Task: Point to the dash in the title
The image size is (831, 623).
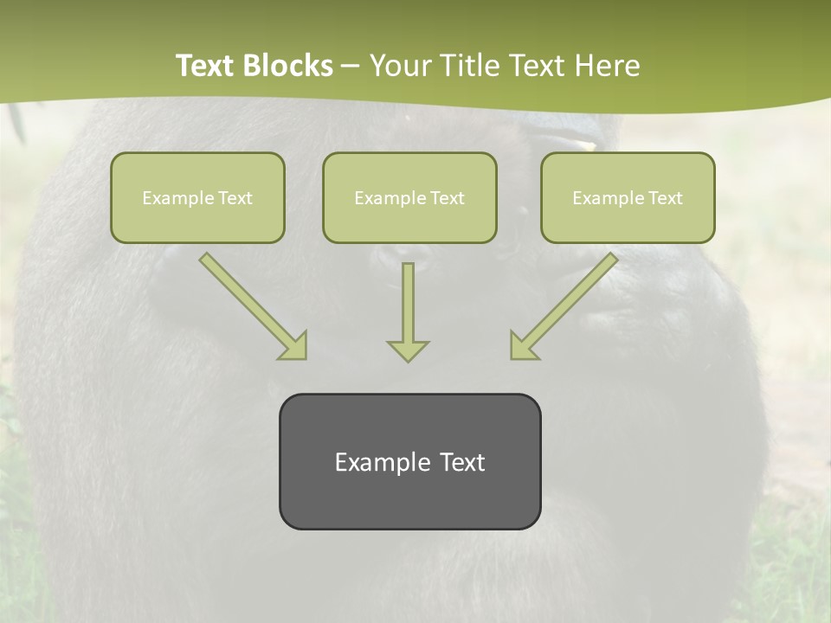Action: point(351,67)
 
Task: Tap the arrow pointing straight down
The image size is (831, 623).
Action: point(408,311)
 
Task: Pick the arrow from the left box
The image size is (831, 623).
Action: point(251,305)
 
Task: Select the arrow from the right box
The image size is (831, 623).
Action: point(565,305)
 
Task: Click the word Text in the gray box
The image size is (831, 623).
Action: point(461,462)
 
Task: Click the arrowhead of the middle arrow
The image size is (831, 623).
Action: point(408,350)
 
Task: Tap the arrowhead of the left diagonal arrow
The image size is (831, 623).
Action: point(294,346)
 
